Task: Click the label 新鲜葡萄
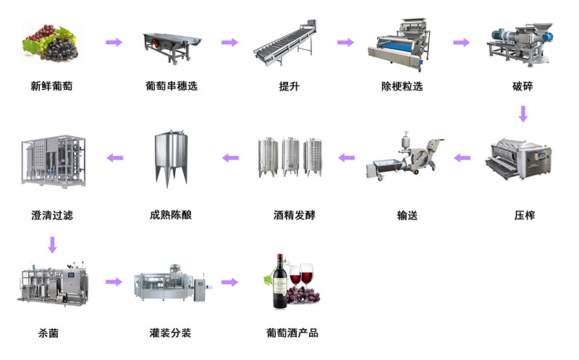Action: click(51, 86)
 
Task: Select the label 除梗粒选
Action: click(402, 86)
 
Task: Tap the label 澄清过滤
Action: click(52, 215)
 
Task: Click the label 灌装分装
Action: click(170, 333)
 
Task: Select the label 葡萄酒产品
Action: click(292, 333)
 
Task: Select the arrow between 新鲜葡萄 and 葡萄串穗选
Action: click(114, 43)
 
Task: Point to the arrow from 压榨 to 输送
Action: click(462, 156)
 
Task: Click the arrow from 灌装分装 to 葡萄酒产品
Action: click(229, 282)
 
